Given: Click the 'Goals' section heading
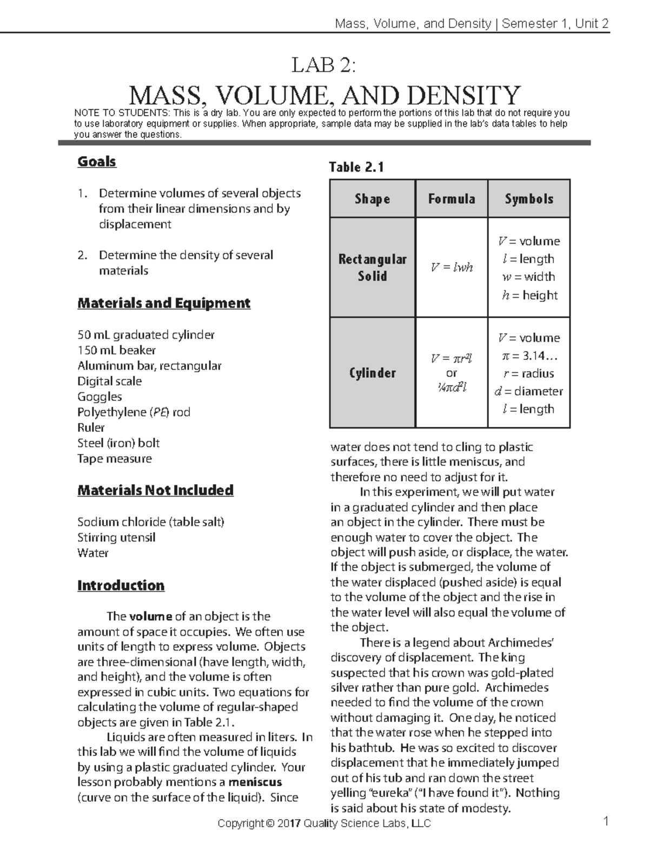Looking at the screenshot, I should tap(97, 162).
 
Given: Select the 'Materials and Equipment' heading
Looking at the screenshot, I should tap(164, 303).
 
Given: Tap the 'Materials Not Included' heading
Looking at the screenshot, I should tap(155, 491).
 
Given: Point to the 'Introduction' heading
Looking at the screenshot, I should tap(121, 586).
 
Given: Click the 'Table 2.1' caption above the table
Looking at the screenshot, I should tap(356, 167).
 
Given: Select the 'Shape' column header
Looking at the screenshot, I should tap(372, 199).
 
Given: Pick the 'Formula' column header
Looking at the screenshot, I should tap(452, 199).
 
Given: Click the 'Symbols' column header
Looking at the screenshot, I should tap(529, 199).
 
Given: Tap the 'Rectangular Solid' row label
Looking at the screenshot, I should tap(372, 267).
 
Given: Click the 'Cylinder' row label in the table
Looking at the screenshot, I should tap(372, 373).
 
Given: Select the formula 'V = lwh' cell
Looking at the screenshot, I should tap(452, 267).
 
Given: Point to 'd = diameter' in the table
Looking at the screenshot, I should tap(528, 391).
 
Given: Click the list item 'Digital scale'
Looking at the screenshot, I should tap(109, 381).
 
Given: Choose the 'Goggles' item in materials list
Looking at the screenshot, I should tap(100, 397).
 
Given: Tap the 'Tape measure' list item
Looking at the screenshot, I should tap(115, 459).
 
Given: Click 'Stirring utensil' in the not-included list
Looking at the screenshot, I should tap(116, 538).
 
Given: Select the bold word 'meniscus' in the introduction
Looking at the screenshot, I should tap(255, 782).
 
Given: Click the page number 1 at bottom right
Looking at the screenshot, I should tap(606, 822).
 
